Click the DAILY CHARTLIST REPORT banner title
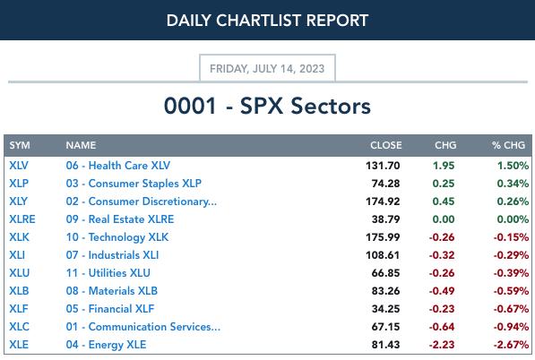267,20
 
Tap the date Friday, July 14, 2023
267,69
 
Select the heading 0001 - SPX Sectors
267,106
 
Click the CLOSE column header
386,145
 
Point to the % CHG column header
508,145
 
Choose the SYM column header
20,145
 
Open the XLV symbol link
19,166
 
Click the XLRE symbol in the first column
22,219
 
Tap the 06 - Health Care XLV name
118,166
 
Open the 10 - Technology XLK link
117,237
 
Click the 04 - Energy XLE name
106,345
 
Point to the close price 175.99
383,237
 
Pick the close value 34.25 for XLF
386,309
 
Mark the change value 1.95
444,166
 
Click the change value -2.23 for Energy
442,345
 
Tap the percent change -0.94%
511,327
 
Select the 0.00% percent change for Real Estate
513,219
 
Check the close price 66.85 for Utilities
386,273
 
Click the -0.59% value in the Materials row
511,291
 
